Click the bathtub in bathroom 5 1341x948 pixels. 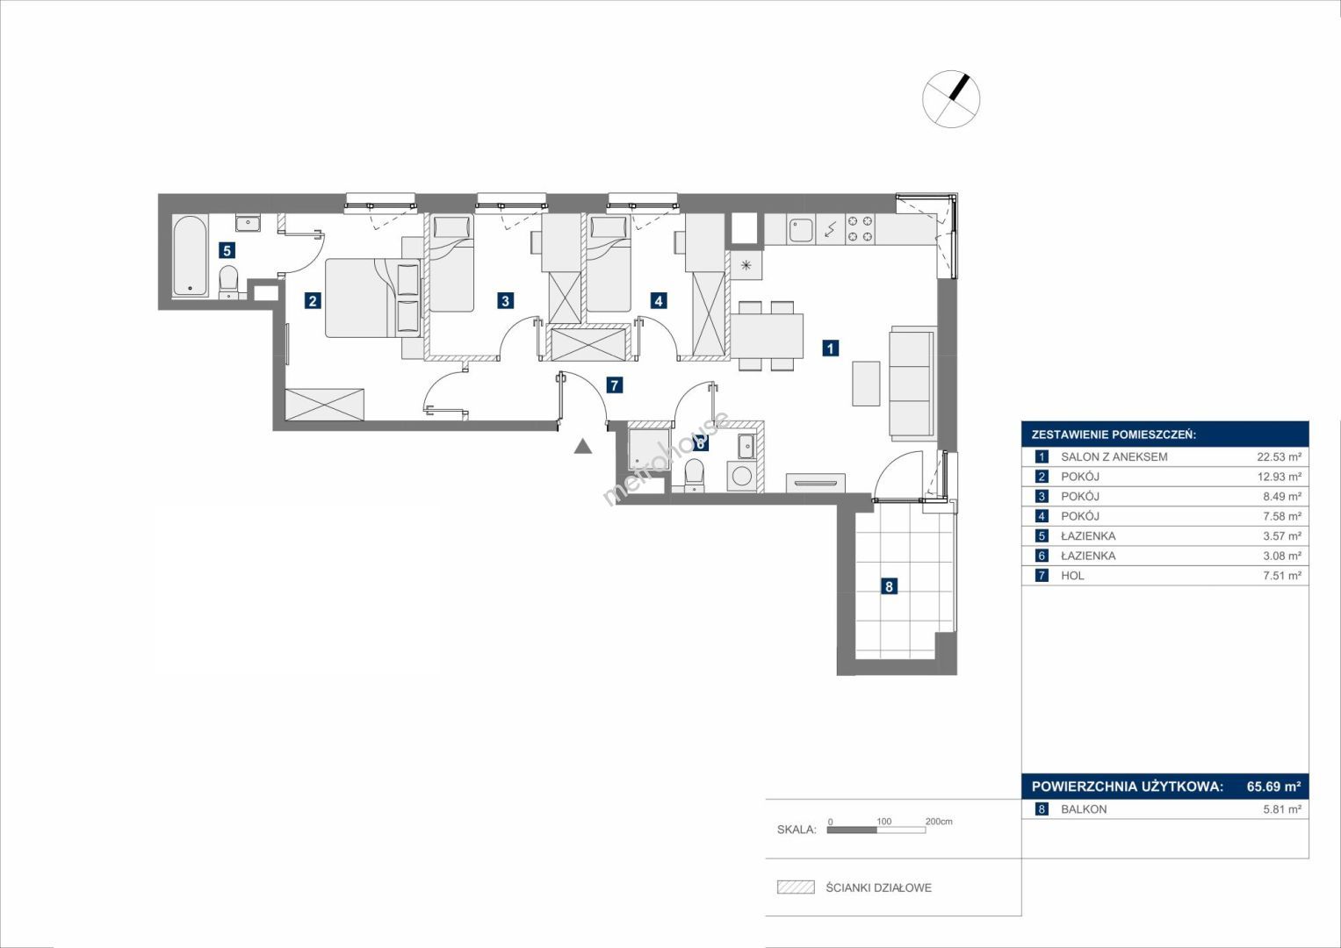[191, 256]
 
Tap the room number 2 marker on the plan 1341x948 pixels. [312, 300]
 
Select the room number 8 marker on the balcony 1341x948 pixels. [889, 586]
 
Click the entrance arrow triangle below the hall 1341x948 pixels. [582, 447]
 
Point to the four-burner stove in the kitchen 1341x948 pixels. [861, 230]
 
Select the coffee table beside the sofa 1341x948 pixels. [866, 384]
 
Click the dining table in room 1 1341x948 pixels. [767, 335]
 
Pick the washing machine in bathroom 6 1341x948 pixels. [742, 477]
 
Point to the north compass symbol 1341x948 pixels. [951, 98]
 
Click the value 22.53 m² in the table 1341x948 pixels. [1279, 456]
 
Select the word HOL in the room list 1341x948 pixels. [1073, 576]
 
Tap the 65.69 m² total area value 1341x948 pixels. [1273, 786]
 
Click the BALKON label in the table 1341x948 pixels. [1084, 809]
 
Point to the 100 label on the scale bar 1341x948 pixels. [883, 821]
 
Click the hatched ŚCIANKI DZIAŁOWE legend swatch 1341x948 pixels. [796, 887]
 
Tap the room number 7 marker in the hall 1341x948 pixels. [614, 385]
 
